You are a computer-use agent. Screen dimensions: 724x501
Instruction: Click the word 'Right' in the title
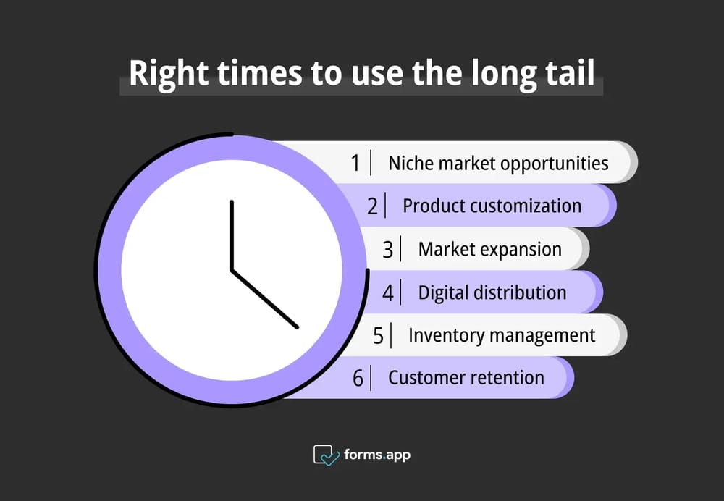point(169,74)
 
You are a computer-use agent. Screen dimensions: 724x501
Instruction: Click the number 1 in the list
point(355,163)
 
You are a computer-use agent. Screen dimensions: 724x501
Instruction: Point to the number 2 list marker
point(373,206)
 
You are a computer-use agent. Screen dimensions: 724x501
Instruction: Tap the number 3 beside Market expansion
point(388,250)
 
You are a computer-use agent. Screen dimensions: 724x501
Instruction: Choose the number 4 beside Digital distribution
point(388,292)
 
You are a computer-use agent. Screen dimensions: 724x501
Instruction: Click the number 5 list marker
point(379,336)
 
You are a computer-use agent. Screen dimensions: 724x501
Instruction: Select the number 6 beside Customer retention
point(358,378)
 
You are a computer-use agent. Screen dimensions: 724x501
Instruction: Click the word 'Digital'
point(442,292)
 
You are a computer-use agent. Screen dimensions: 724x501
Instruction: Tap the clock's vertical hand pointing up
point(232,235)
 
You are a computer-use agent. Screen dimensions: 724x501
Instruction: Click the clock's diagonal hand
point(265,299)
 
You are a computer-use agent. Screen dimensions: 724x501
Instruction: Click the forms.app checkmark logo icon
point(326,455)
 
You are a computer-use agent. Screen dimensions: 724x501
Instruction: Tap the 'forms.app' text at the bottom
point(377,455)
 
